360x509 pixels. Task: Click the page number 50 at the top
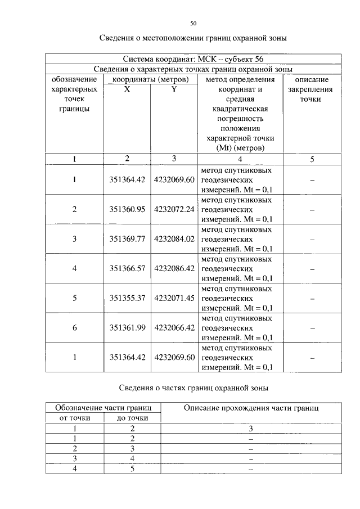pos(193,24)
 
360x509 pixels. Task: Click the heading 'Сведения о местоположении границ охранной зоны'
pos(193,39)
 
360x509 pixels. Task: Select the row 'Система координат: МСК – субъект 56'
pos(193,59)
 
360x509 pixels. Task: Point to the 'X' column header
pos(127,89)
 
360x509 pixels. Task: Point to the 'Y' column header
pos(174,89)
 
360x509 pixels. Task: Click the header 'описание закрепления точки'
pos(312,89)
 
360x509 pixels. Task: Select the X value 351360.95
pos(127,209)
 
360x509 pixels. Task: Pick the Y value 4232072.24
pos(174,209)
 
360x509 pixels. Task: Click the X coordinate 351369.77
pos(127,239)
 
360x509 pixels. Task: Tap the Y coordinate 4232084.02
pos(174,239)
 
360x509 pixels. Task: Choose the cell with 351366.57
pos(127,269)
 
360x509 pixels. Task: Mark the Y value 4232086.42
pos(174,269)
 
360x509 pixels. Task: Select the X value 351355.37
pos(127,299)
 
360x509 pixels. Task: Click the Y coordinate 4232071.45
pos(174,299)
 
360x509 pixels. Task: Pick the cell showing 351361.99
pos(127,328)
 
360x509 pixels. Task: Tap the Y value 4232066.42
pos(174,328)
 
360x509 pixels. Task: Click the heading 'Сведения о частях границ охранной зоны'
pos(193,388)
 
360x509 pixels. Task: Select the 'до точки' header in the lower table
pos(132,418)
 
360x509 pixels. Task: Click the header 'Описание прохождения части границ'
pos(251,408)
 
